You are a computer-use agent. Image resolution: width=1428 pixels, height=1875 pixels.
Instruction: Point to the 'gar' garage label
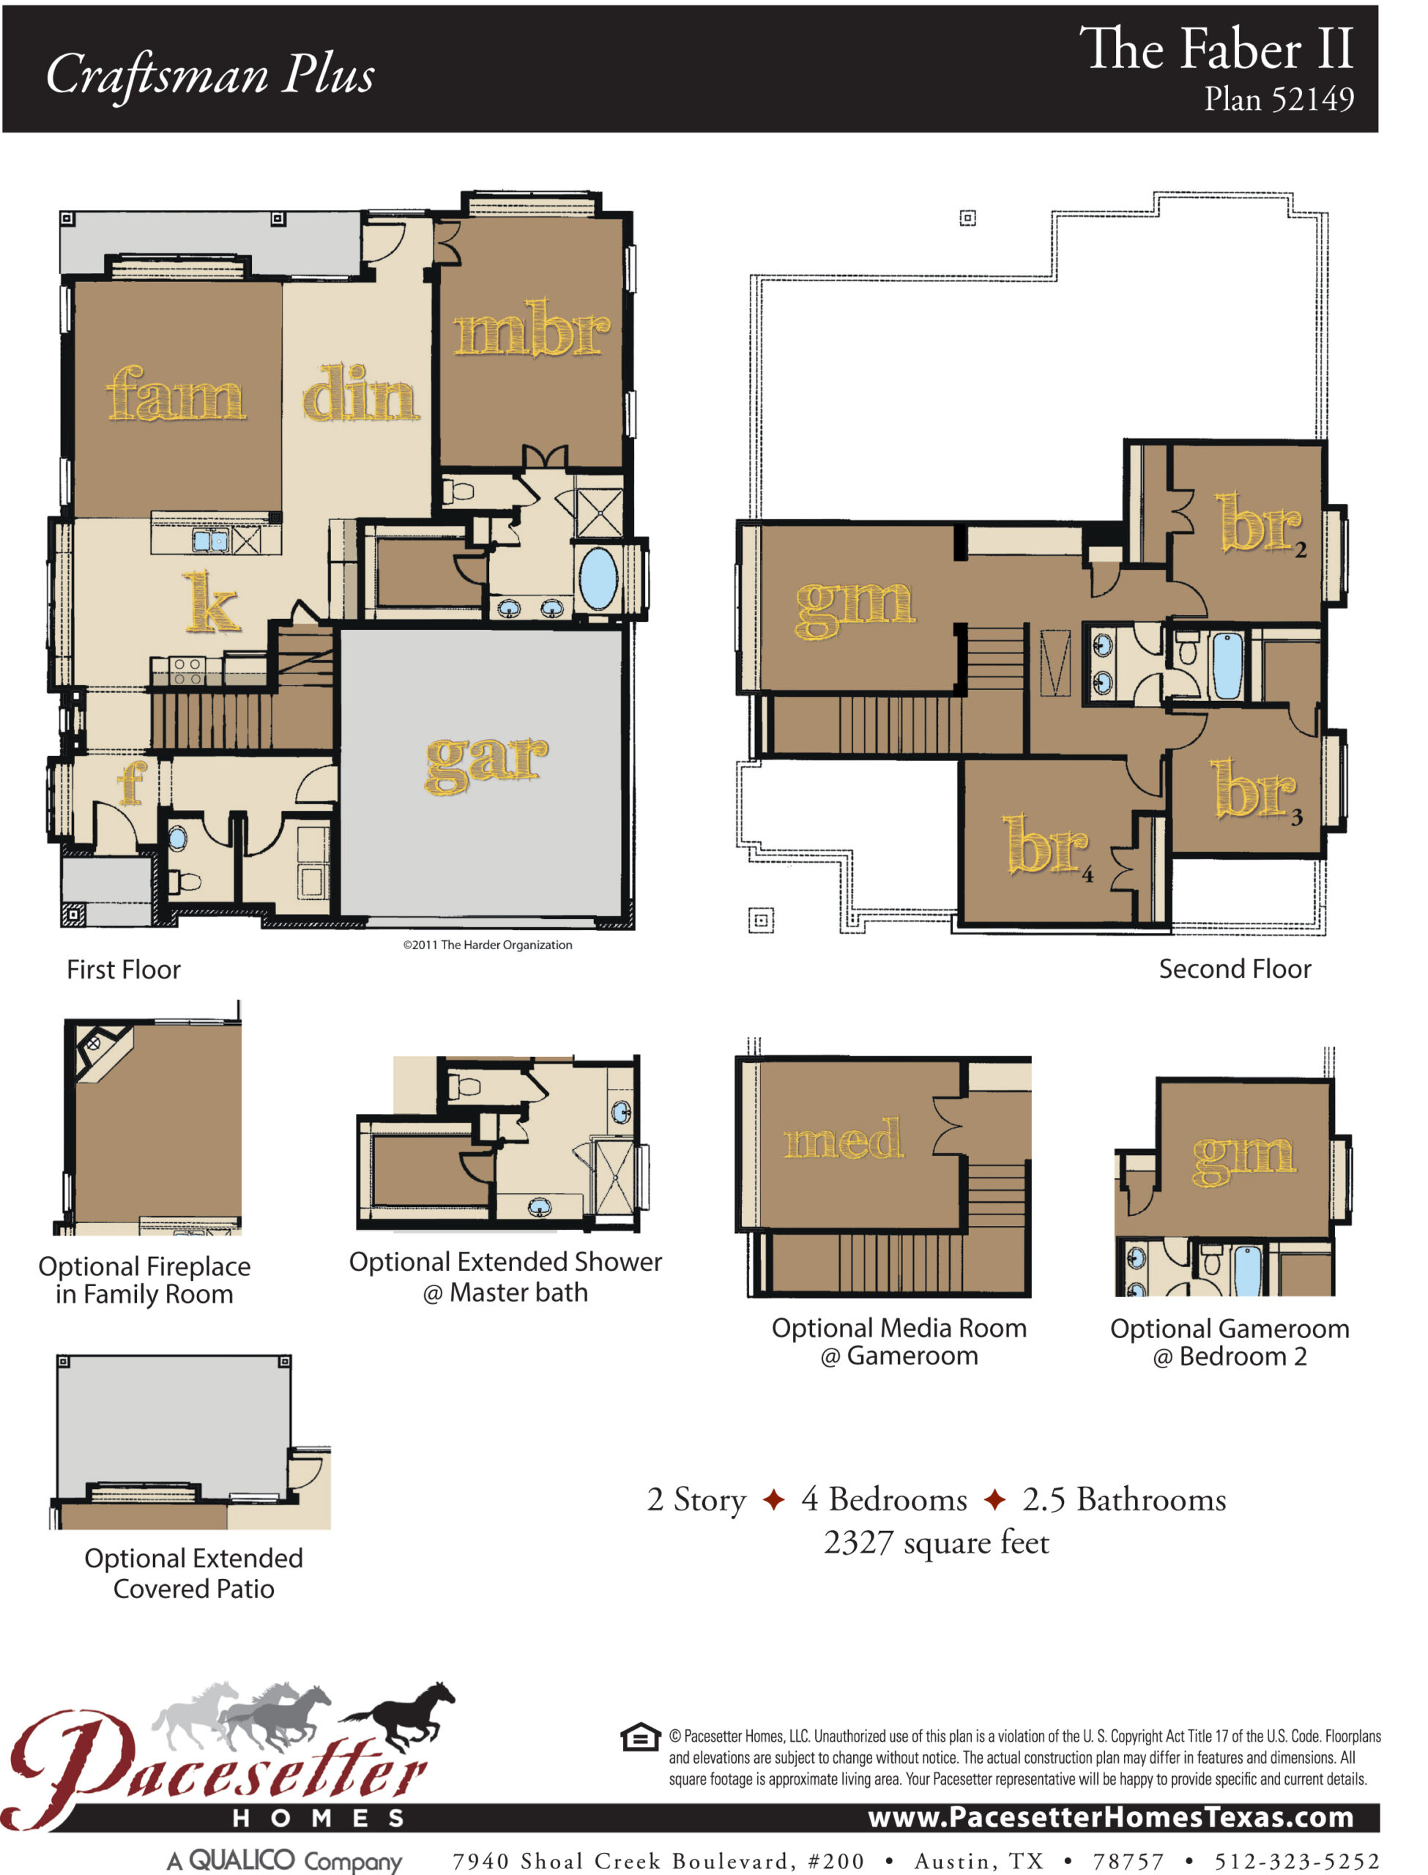coord(486,762)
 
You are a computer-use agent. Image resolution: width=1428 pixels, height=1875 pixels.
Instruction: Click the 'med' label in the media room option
coord(843,1140)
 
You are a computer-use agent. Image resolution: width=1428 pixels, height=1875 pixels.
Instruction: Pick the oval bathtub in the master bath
coord(598,579)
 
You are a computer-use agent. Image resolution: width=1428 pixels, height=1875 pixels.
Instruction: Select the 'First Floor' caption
coord(124,970)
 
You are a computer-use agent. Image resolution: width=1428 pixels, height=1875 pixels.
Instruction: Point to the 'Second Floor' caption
coord(1235,969)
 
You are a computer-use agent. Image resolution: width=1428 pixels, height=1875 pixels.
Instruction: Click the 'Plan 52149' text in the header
coord(1279,100)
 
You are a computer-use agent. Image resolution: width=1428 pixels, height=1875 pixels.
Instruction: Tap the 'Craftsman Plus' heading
coord(210,75)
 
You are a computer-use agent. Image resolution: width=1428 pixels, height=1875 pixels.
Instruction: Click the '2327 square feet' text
coord(937,1542)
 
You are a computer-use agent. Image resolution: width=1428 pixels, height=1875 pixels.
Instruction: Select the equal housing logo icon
coord(640,1737)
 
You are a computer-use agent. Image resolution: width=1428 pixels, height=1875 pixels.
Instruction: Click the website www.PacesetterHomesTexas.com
coord(1111,1817)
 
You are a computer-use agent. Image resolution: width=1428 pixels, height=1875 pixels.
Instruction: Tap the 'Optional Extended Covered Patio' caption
coord(194,1573)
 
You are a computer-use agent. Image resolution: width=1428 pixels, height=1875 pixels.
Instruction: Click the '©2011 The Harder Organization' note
coord(487,945)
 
